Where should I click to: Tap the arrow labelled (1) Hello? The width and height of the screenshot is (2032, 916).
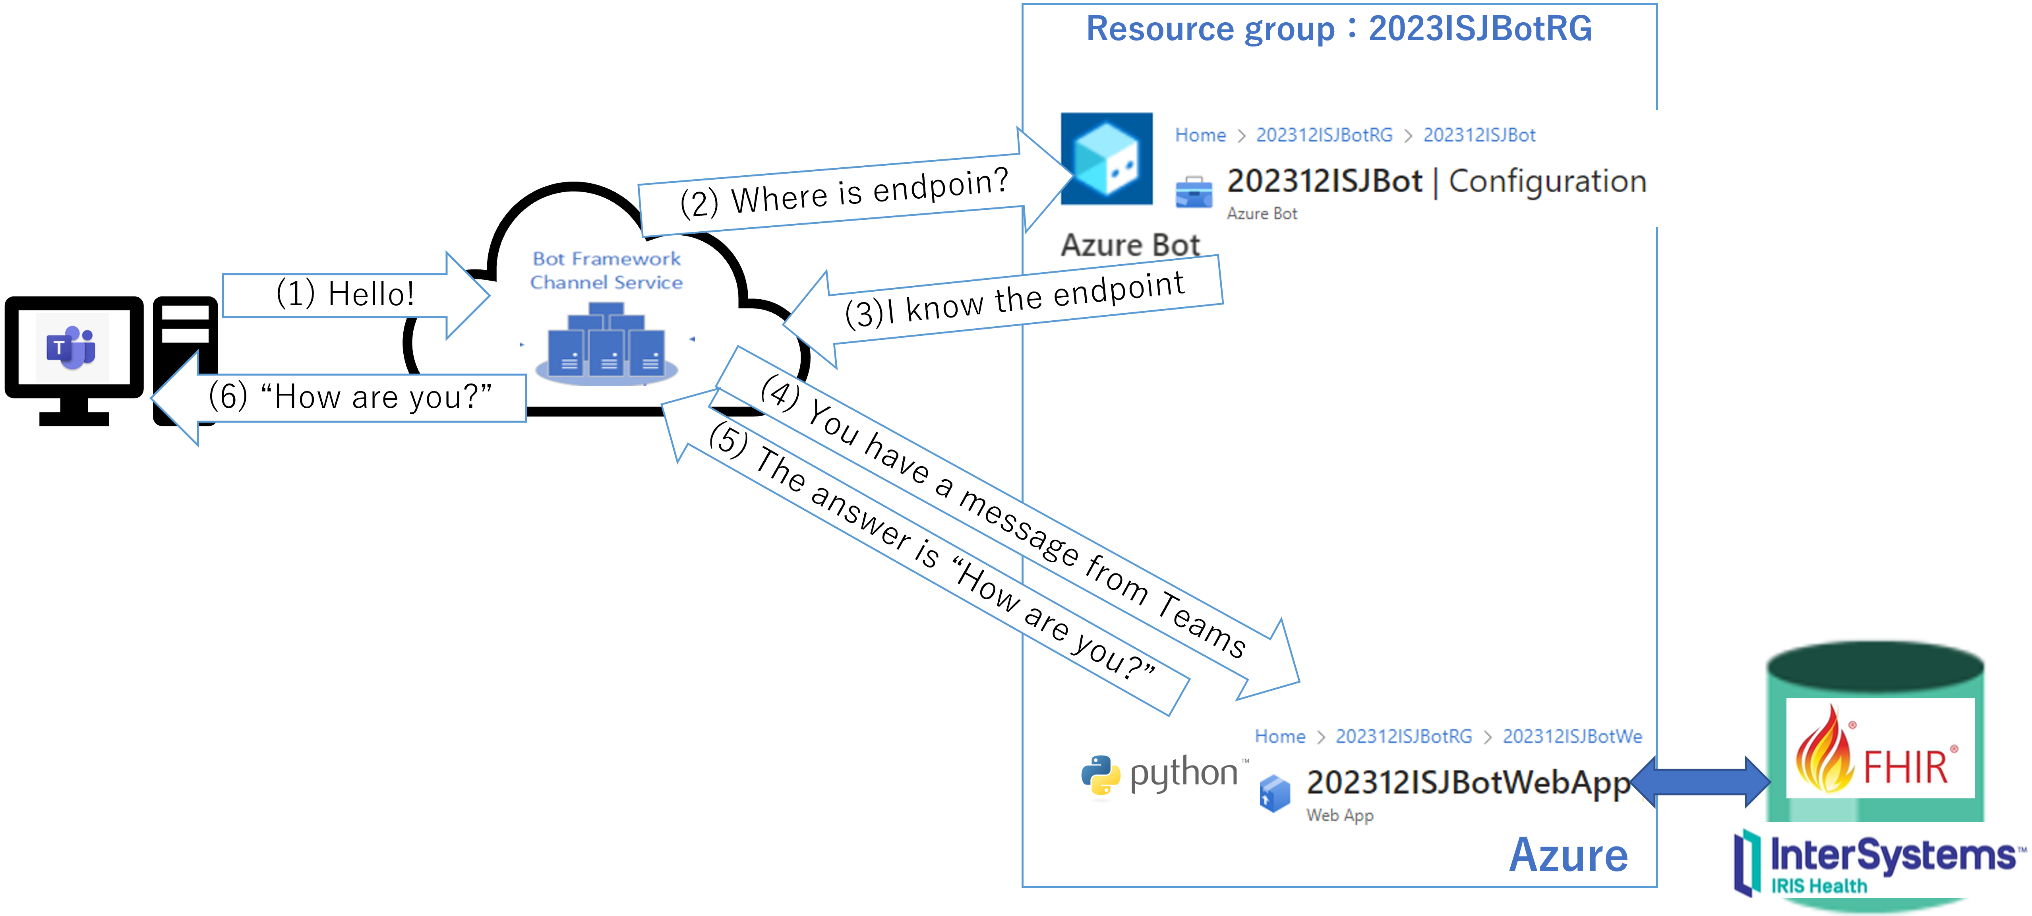click(347, 294)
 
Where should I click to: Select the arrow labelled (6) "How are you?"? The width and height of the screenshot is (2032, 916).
click(347, 397)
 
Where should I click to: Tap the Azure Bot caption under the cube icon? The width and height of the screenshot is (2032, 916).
click(1130, 245)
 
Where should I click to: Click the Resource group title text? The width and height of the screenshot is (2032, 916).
click(1339, 29)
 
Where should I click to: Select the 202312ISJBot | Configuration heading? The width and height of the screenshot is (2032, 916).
click(1436, 182)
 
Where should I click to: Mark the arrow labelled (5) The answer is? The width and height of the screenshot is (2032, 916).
click(931, 552)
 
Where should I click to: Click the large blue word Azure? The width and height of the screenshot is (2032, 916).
click(1568, 855)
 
